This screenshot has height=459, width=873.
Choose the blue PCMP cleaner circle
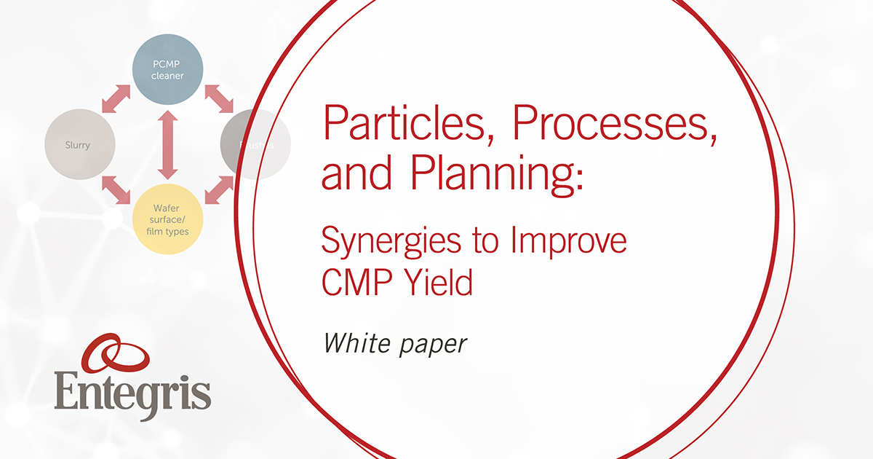click(x=167, y=70)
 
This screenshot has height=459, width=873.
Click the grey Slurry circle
click(x=79, y=144)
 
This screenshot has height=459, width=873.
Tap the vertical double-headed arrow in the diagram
click(x=168, y=144)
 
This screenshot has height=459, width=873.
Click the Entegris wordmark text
click(x=132, y=393)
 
